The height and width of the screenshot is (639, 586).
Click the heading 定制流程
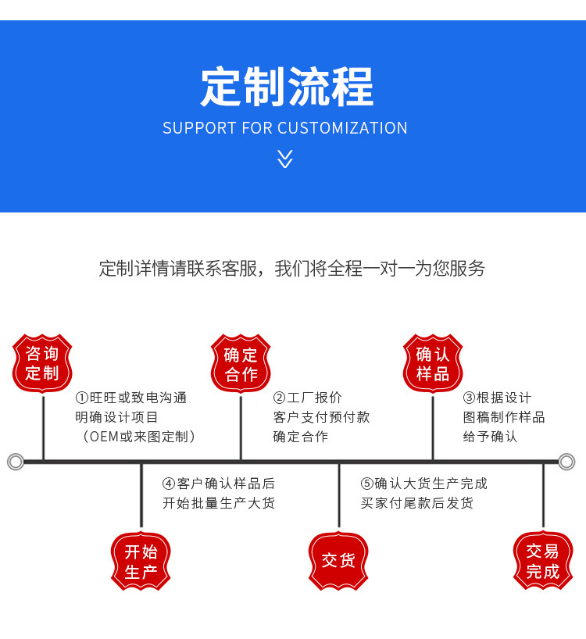pos(286,87)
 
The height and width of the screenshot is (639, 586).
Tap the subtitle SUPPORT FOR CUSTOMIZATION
pos(285,128)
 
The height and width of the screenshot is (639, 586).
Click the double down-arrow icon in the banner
pos(285,159)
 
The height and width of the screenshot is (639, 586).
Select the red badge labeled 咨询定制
pos(42,363)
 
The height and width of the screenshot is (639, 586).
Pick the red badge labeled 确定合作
pos(241,363)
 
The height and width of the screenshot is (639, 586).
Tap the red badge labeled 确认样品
pos(433,363)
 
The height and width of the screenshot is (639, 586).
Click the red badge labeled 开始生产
pos(141,562)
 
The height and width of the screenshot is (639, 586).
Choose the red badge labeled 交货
pos(338,561)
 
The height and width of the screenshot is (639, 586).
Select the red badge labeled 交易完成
pos(543,561)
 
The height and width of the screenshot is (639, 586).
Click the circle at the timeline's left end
pos(15,462)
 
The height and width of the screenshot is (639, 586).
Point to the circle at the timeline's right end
pos(566,462)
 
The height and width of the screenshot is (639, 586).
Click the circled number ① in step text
pos(81,398)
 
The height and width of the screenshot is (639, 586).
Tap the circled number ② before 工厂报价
pos(279,398)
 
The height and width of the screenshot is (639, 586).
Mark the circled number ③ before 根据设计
pos(469,398)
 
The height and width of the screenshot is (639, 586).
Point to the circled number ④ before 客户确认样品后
pos(168,484)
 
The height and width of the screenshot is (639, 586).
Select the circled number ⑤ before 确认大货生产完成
pos(366,484)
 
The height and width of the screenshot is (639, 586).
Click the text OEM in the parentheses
pos(103,437)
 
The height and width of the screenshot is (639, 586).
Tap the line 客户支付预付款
pos(321,417)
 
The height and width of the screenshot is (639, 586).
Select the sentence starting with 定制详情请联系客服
pos(292,269)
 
